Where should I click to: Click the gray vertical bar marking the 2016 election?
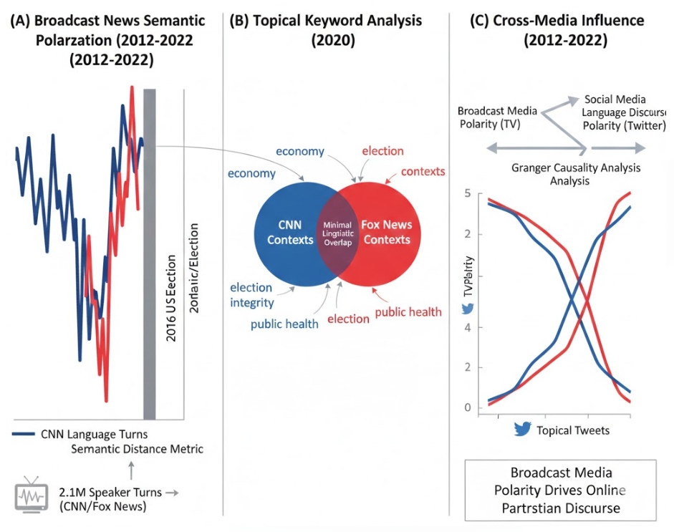pos(149,254)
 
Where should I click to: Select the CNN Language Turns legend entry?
pos(81,434)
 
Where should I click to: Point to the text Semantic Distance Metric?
pos(138,449)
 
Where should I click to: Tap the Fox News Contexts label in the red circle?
pos(387,232)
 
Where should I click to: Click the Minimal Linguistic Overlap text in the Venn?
pos(337,233)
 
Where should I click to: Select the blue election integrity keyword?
pos(251,295)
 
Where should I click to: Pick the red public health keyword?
pos(408,311)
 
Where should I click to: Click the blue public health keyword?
pos(284,324)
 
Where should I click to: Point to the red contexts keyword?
pos(423,171)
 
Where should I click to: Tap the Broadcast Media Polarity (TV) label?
pos(497,117)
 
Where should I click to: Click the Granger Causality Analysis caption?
pos(576,174)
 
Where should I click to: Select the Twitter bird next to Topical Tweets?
pos(522,430)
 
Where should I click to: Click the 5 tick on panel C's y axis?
pos(467,193)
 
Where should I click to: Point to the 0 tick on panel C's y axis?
pos(467,408)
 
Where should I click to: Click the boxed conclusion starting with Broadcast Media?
pos(560,490)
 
